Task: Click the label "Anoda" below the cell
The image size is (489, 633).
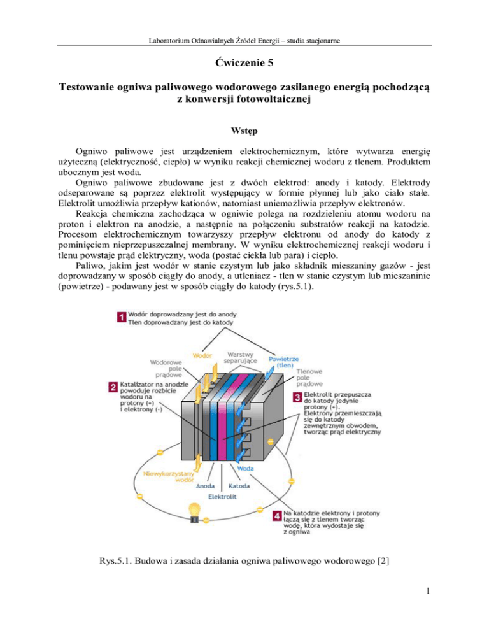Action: click(205, 486)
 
